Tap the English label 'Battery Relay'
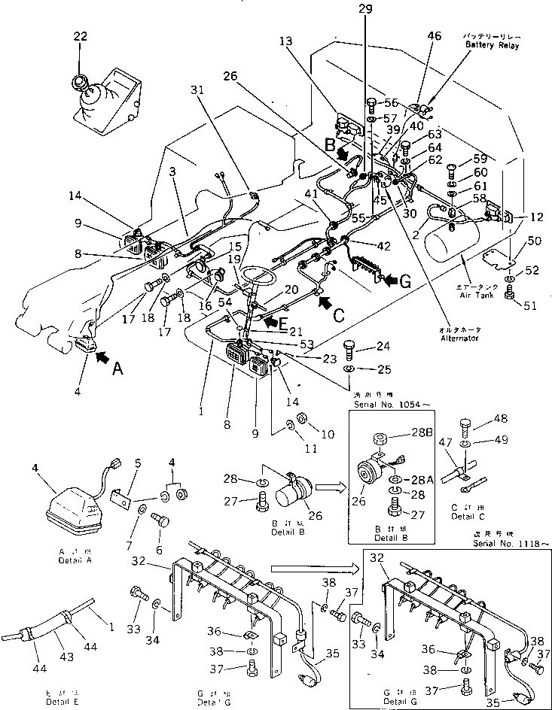(493, 46)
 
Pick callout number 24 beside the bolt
(383, 347)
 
